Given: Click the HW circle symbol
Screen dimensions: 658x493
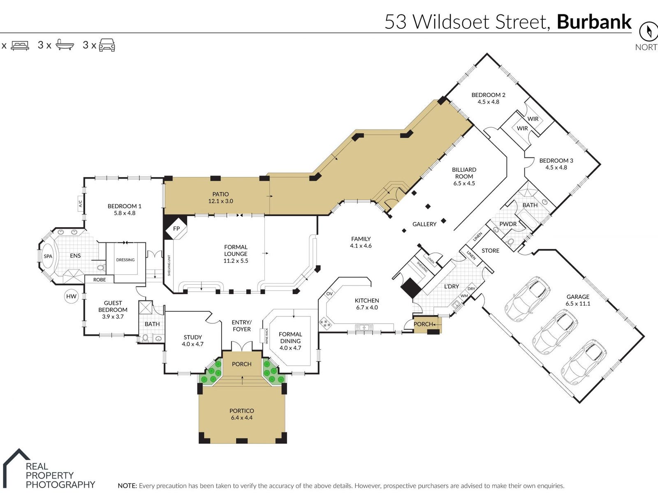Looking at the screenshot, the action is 71,296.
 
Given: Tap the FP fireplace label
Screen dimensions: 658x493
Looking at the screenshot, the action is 176,228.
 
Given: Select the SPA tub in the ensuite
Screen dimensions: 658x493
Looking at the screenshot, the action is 48,256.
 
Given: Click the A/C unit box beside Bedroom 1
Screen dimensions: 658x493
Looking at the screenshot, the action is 80,203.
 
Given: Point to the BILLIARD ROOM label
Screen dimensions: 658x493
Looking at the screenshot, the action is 464,177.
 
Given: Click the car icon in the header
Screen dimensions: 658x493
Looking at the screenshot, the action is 107,45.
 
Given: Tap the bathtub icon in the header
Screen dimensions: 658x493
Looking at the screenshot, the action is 65,45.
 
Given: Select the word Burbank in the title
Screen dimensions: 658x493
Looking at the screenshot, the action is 594,21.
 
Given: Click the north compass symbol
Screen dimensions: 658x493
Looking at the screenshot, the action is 649,31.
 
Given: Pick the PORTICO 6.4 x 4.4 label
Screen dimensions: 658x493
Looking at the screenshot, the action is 242,414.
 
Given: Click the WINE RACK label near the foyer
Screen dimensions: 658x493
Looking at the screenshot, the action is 266,336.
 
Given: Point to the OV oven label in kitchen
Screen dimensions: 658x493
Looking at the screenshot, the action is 329,294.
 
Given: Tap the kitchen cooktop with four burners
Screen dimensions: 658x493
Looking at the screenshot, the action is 324,324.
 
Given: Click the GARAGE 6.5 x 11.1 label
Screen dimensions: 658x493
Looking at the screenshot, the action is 578,300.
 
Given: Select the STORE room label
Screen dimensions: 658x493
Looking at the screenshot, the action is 491,251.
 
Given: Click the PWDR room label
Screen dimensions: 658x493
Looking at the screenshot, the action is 508,224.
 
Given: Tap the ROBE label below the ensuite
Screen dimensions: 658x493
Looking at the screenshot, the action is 100,280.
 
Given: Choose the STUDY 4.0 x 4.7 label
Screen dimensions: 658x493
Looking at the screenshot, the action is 193,341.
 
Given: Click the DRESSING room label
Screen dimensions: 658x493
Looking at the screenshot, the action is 125,260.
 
